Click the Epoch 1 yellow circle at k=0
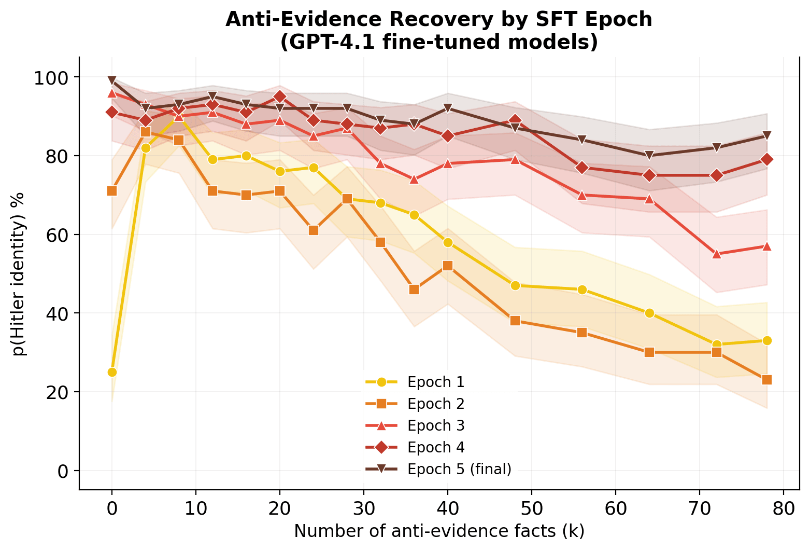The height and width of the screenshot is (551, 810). pyautogui.click(x=112, y=372)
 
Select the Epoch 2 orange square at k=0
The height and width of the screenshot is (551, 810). pyautogui.click(x=112, y=191)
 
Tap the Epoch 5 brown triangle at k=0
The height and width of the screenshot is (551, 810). pyautogui.click(x=112, y=81)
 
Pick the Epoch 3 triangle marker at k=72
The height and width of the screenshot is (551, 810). pyautogui.click(x=717, y=254)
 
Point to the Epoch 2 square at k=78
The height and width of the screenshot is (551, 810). pyautogui.click(x=767, y=380)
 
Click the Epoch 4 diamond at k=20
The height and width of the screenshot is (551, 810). pyautogui.click(x=280, y=97)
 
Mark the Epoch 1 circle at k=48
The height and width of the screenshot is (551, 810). pyautogui.click(x=515, y=285)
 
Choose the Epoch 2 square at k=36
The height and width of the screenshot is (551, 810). pyautogui.click(x=414, y=290)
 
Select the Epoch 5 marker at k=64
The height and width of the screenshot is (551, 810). pyautogui.click(x=649, y=156)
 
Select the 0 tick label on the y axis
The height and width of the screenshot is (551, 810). pyautogui.click(x=62, y=471)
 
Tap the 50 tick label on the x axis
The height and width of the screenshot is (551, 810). pyautogui.click(x=532, y=508)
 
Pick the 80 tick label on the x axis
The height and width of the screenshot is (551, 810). pyautogui.click(x=784, y=508)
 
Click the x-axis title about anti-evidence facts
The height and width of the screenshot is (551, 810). pyautogui.click(x=439, y=531)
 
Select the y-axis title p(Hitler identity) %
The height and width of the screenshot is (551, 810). pyautogui.click(x=19, y=274)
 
